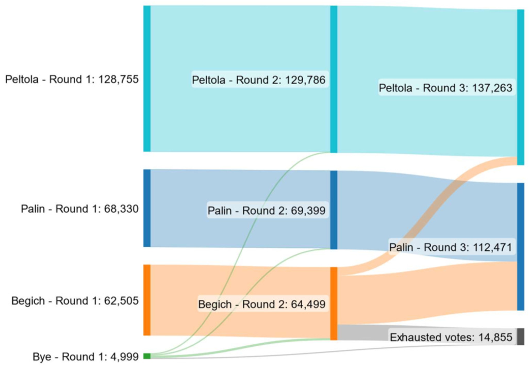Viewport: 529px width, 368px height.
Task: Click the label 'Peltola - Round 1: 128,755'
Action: coord(72,79)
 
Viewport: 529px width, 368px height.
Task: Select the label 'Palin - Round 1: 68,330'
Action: coord(79,209)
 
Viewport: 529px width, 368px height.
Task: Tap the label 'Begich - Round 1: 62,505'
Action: coord(75,301)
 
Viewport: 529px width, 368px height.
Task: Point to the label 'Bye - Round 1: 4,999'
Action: coord(86,357)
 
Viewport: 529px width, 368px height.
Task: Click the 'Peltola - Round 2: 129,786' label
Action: coord(259,80)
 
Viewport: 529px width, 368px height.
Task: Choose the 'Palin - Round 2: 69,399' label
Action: coord(267,211)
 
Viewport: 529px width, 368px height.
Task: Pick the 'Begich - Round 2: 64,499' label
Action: coord(262,304)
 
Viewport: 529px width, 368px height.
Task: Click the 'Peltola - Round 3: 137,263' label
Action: coord(445,88)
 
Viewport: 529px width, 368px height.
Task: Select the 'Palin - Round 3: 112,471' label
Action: coord(451,247)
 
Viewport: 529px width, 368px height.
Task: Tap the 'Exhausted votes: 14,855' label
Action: coord(452,337)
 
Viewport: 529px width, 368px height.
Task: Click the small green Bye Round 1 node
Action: coord(147,356)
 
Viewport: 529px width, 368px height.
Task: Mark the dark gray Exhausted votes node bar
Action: coord(521,337)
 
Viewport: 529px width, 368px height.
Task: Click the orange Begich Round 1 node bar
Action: coord(147,300)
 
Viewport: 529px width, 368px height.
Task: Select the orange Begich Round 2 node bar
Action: coord(334,303)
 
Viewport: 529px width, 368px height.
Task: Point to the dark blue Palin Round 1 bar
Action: coord(147,208)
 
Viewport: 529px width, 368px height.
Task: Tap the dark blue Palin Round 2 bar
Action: coord(334,210)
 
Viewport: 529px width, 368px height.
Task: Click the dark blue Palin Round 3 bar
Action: coord(521,247)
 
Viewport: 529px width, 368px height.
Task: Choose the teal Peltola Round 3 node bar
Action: coord(521,87)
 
